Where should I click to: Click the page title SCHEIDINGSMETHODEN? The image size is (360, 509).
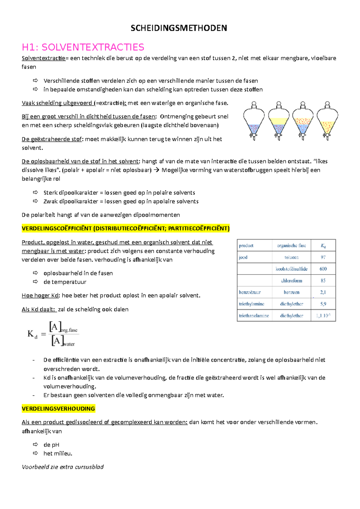pyautogui.click(x=179, y=28)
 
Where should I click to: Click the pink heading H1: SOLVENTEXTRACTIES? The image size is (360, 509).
pyautogui.click(x=83, y=47)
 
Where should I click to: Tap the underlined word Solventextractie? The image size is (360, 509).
pyautogui.click(x=43, y=58)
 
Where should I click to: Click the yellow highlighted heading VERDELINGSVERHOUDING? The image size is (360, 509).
pyautogui.click(x=58, y=409)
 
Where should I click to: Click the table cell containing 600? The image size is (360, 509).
pyautogui.click(x=323, y=269)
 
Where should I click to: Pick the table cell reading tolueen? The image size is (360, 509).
pyautogui.click(x=291, y=257)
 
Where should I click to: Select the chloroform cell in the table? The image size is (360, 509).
pyautogui.click(x=291, y=281)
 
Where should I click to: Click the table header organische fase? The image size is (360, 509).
pyautogui.click(x=291, y=246)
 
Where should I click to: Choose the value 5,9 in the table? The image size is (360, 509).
pyautogui.click(x=323, y=304)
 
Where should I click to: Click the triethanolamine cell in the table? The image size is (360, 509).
pyautogui.click(x=254, y=316)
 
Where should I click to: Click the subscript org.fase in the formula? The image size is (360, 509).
pyautogui.click(x=69, y=330)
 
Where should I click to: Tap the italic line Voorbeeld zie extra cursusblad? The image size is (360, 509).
pyautogui.click(x=63, y=467)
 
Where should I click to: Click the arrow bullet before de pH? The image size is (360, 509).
pyautogui.click(x=35, y=445)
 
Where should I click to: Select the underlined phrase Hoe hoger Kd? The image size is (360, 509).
pyautogui.click(x=40, y=296)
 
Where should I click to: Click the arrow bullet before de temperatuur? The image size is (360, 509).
pyautogui.click(x=35, y=282)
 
